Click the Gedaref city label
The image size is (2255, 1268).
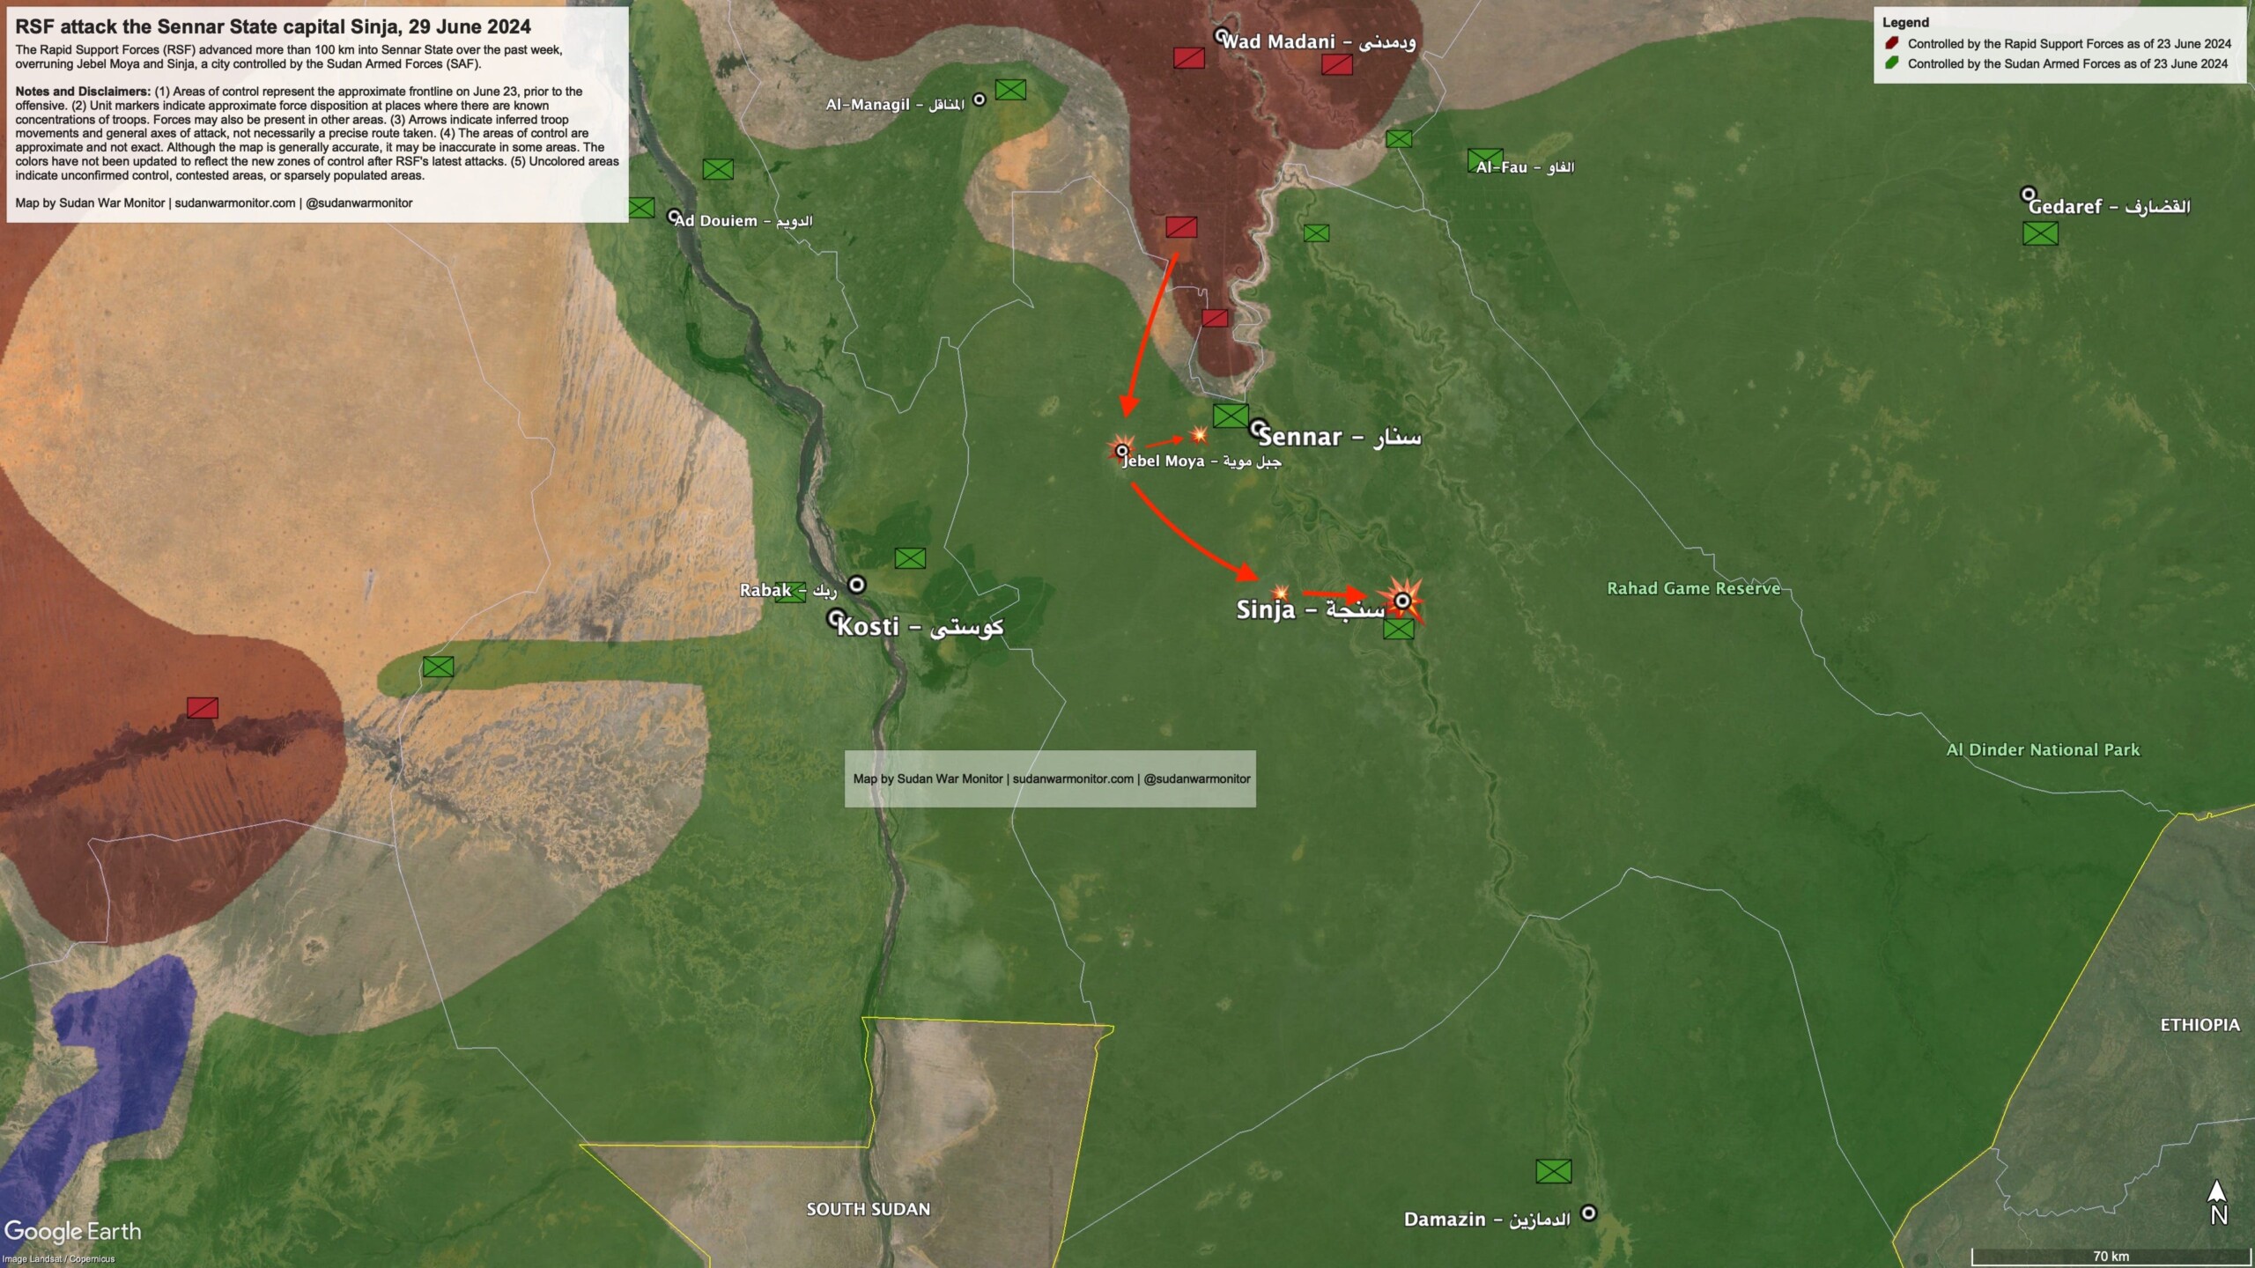(2109, 207)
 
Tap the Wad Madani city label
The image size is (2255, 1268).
(1319, 41)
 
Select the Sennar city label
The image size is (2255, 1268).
(1339, 437)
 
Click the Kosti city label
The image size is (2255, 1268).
(920, 627)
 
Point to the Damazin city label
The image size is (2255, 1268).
(1487, 1220)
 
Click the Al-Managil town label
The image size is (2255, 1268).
(895, 105)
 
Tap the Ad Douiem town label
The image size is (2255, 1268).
(743, 221)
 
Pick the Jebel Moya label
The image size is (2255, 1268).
(1201, 461)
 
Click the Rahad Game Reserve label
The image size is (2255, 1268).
(1693, 588)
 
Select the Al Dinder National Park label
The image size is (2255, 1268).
(2042, 750)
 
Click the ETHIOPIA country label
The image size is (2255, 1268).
(2200, 1025)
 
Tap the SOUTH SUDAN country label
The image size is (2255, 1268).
(868, 1209)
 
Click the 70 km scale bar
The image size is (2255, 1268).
(2111, 1256)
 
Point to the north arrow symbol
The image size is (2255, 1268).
(2218, 1204)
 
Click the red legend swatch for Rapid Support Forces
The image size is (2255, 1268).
(1891, 43)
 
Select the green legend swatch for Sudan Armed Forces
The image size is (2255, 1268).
(1891, 63)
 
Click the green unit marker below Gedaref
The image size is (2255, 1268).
(2040, 233)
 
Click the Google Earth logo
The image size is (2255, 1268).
(72, 1231)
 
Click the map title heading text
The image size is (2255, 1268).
(273, 27)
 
